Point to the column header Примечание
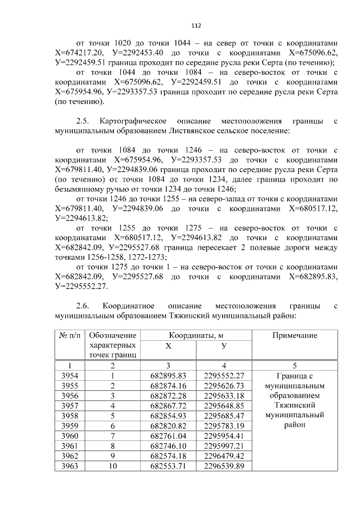point(294,335)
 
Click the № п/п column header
point(69,335)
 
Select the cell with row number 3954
point(69,376)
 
